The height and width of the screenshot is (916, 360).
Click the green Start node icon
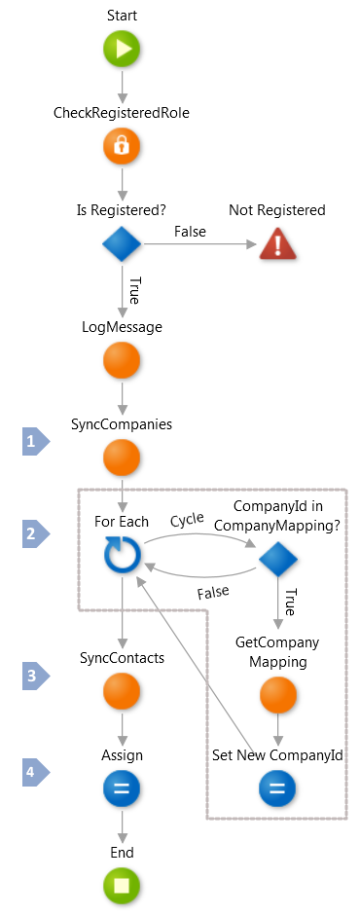122,50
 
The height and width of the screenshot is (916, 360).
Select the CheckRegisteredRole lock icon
122,146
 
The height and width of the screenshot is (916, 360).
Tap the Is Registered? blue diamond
122,243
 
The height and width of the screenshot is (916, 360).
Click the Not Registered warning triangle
277,243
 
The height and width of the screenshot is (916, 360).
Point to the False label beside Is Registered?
190,231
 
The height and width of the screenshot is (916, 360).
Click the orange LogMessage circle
122,361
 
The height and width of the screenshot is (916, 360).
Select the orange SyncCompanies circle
122,458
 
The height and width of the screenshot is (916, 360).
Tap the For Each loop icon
122,555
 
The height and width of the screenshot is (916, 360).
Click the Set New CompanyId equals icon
277,788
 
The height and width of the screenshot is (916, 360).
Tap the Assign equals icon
122,788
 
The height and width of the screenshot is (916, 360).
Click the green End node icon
122,885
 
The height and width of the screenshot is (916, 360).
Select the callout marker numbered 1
35,442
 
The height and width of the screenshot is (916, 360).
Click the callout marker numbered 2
35,533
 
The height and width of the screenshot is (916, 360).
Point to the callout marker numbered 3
35,676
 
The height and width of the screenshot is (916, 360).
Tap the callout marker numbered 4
35,773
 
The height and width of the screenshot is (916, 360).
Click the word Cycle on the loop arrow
189,521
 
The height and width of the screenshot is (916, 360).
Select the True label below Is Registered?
134,291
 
